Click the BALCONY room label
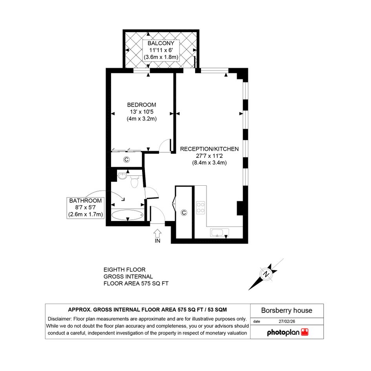(x=161, y=43)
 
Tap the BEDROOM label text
(x=141, y=105)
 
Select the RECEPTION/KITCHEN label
(x=209, y=149)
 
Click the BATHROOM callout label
(x=86, y=201)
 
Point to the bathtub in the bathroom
(x=128, y=215)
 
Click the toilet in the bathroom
(x=134, y=181)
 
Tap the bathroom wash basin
(x=122, y=176)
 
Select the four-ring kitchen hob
(x=201, y=208)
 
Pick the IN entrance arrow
(x=157, y=233)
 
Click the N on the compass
(x=267, y=274)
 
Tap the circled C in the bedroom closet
(x=126, y=160)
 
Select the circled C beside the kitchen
(x=184, y=213)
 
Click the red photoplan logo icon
(x=305, y=332)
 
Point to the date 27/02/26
(x=287, y=321)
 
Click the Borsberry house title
(x=287, y=311)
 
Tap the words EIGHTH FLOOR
(x=124, y=270)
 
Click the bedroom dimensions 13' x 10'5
(x=141, y=111)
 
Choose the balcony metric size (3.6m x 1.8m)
(x=161, y=57)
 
